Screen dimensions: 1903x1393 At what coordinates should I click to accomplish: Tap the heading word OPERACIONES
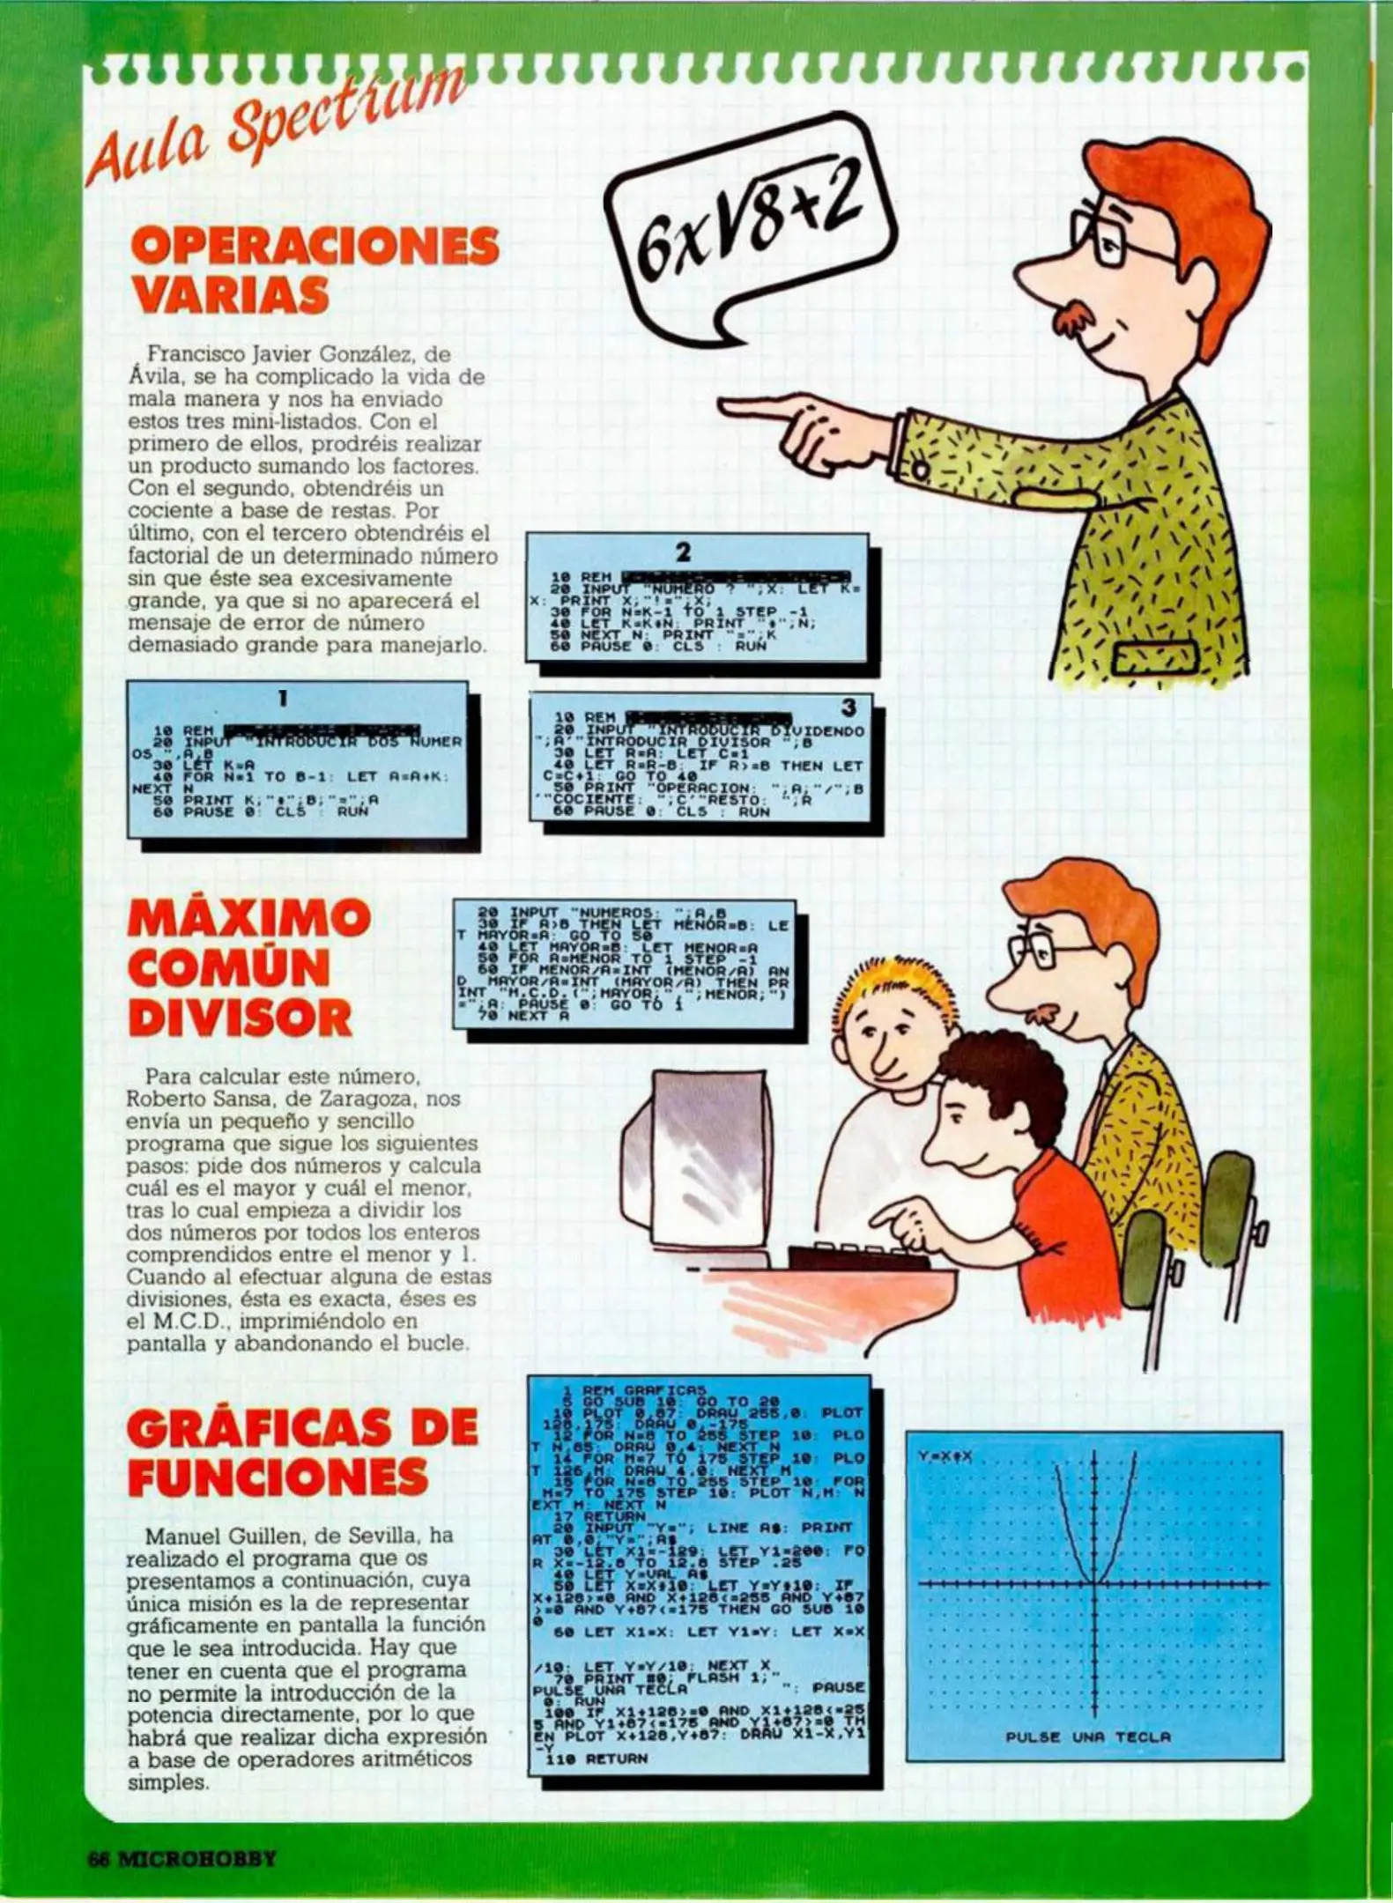(x=315, y=246)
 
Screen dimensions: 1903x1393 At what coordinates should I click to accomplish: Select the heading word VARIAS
(x=230, y=295)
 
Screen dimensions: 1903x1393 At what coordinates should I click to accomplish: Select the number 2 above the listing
(x=684, y=552)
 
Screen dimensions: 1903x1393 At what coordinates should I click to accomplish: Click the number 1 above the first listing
(x=283, y=699)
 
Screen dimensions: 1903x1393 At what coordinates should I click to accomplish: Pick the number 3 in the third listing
(x=848, y=707)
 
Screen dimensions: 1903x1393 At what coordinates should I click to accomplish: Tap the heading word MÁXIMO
(x=248, y=919)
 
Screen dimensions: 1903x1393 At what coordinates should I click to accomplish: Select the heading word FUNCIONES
(x=278, y=1477)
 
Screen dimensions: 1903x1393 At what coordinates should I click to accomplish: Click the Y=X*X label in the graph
(x=945, y=1457)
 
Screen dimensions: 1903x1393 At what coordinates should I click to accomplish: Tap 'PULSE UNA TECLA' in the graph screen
(x=1088, y=1736)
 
